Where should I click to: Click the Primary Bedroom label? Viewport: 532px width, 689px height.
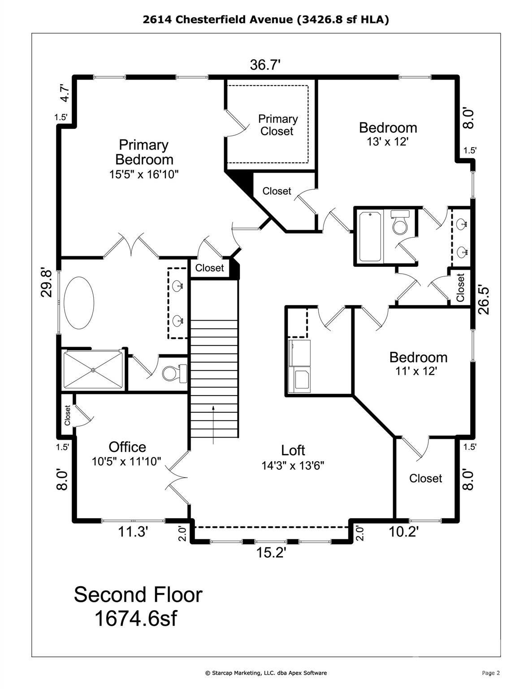pyautogui.click(x=144, y=152)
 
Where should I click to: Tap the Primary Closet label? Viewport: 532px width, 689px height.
pyautogui.click(x=277, y=125)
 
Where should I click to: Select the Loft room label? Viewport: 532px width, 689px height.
pyautogui.click(x=293, y=450)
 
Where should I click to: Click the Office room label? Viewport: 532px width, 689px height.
pyautogui.click(x=127, y=447)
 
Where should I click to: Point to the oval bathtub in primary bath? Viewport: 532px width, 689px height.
pyautogui.click(x=79, y=303)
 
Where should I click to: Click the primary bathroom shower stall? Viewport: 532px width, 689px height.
pyautogui.click(x=93, y=370)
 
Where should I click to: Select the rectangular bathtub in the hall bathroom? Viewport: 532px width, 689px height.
pyautogui.click(x=370, y=236)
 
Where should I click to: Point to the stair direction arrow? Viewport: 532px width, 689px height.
pyautogui.click(x=213, y=419)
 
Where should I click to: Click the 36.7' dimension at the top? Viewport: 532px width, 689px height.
pyautogui.click(x=265, y=65)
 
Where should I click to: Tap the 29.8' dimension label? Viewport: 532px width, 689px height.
pyautogui.click(x=47, y=283)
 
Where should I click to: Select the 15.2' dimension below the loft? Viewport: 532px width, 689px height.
pyautogui.click(x=271, y=553)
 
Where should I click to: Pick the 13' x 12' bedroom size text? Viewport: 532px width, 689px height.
pyautogui.click(x=388, y=142)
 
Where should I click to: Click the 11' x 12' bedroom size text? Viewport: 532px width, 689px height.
pyautogui.click(x=416, y=371)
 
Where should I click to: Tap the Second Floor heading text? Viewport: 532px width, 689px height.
pyautogui.click(x=138, y=595)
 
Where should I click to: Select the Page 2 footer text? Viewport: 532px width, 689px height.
pyautogui.click(x=491, y=673)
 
